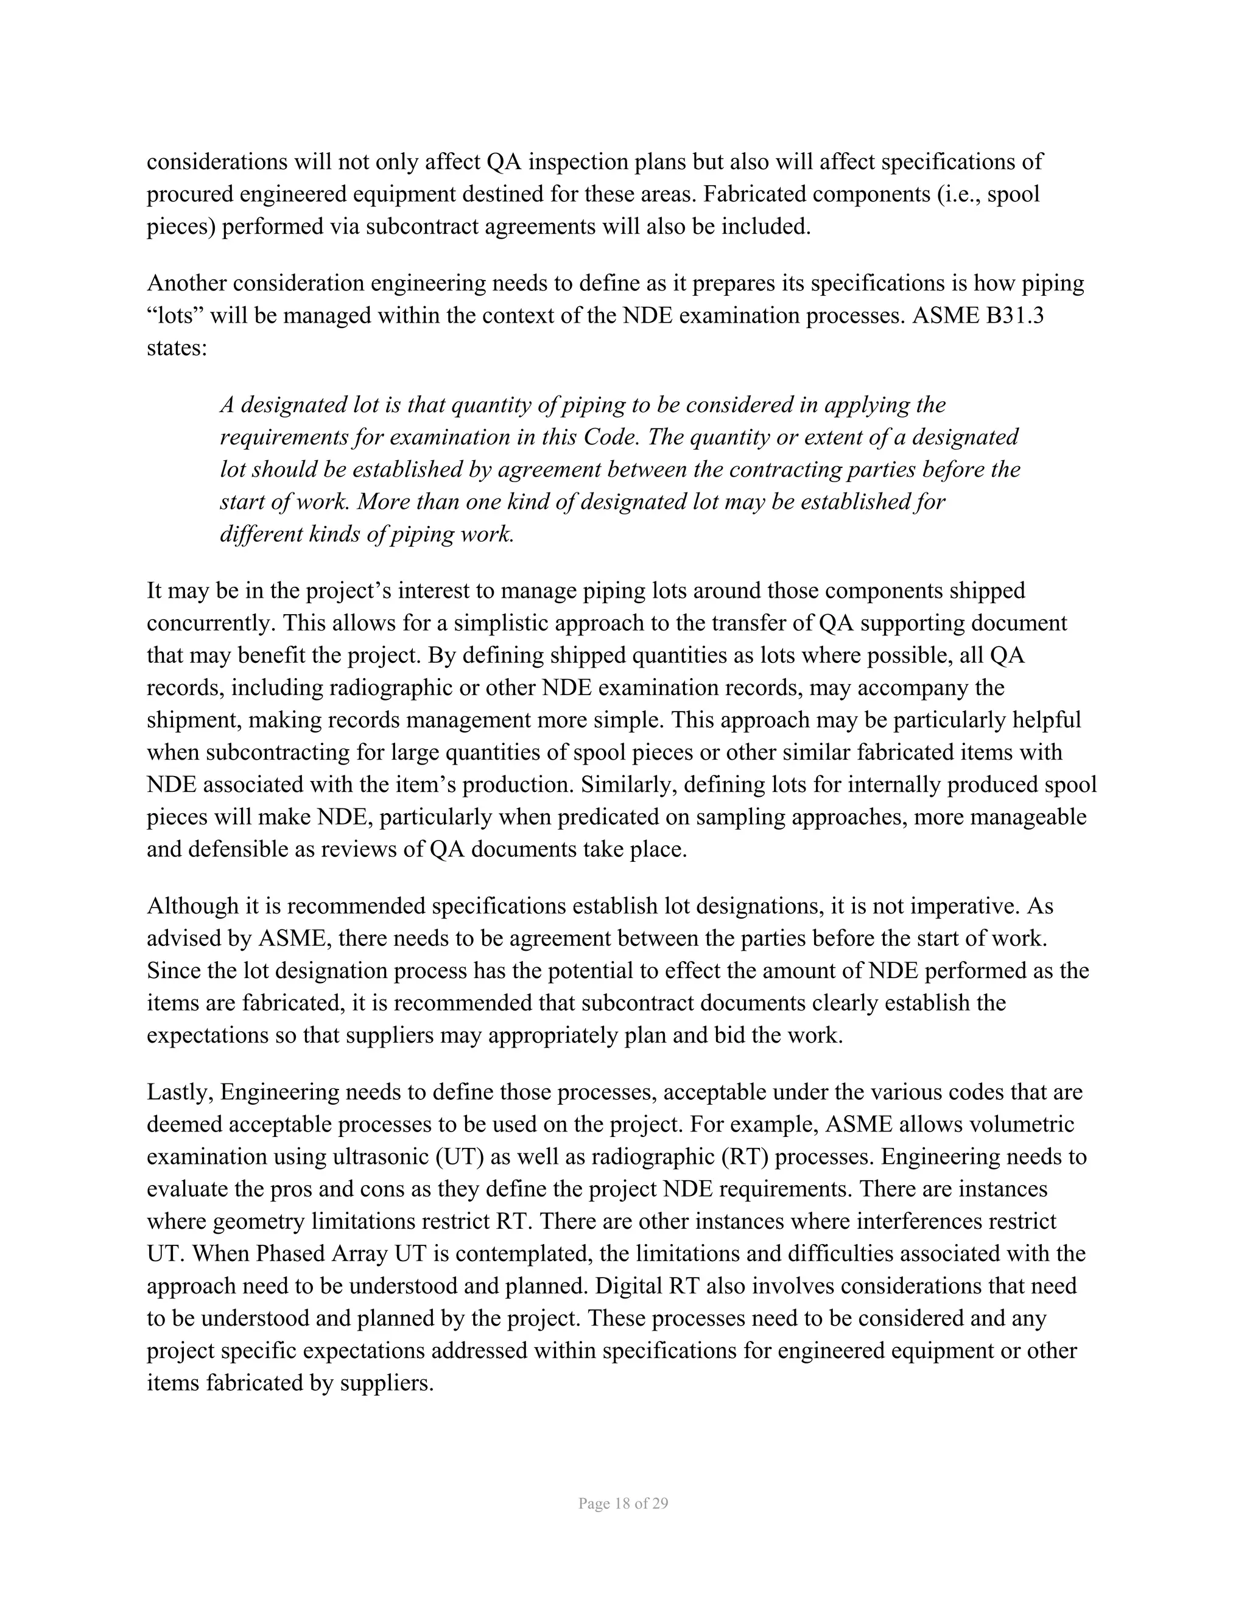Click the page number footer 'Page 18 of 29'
click(623, 1503)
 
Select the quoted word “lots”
click(175, 315)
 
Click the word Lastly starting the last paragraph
click(179, 1091)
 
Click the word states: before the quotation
click(177, 348)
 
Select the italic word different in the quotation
click(260, 534)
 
